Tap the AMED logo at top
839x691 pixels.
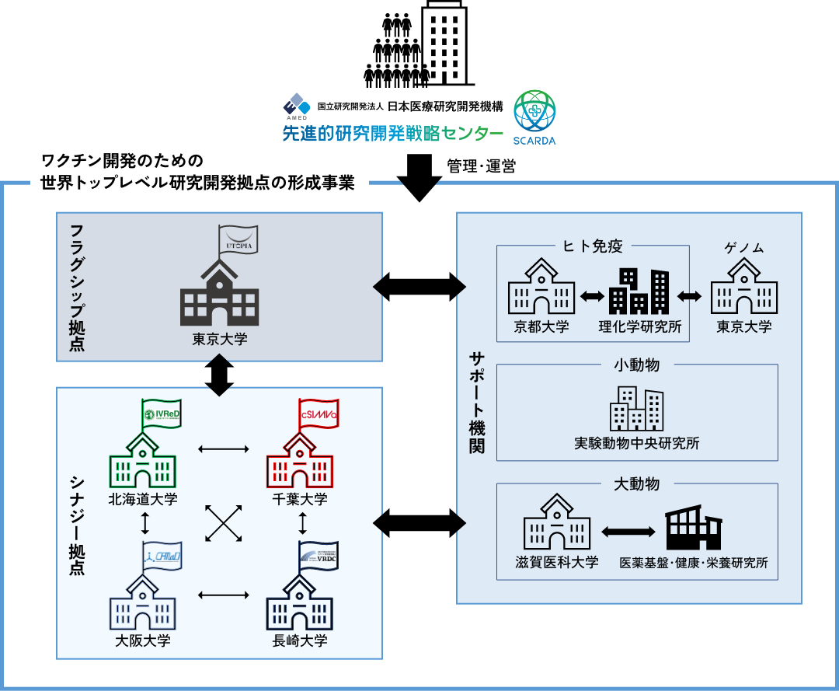[x=296, y=106]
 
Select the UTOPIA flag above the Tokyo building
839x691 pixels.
[x=235, y=239]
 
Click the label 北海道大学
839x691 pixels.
[x=143, y=499]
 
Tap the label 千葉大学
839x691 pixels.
[x=300, y=499]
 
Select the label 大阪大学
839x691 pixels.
[x=143, y=641]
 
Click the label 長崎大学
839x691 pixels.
[x=300, y=641]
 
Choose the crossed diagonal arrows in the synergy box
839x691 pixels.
[x=223, y=523]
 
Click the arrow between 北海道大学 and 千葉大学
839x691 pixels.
[x=223, y=448]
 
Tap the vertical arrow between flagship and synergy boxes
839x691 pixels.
[x=219, y=375]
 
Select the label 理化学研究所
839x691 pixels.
[x=640, y=326]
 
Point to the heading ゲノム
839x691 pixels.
[x=743, y=248]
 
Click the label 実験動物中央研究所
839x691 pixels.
[x=637, y=444]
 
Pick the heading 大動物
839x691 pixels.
[x=637, y=484]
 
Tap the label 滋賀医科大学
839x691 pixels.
[x=557, y=562]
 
